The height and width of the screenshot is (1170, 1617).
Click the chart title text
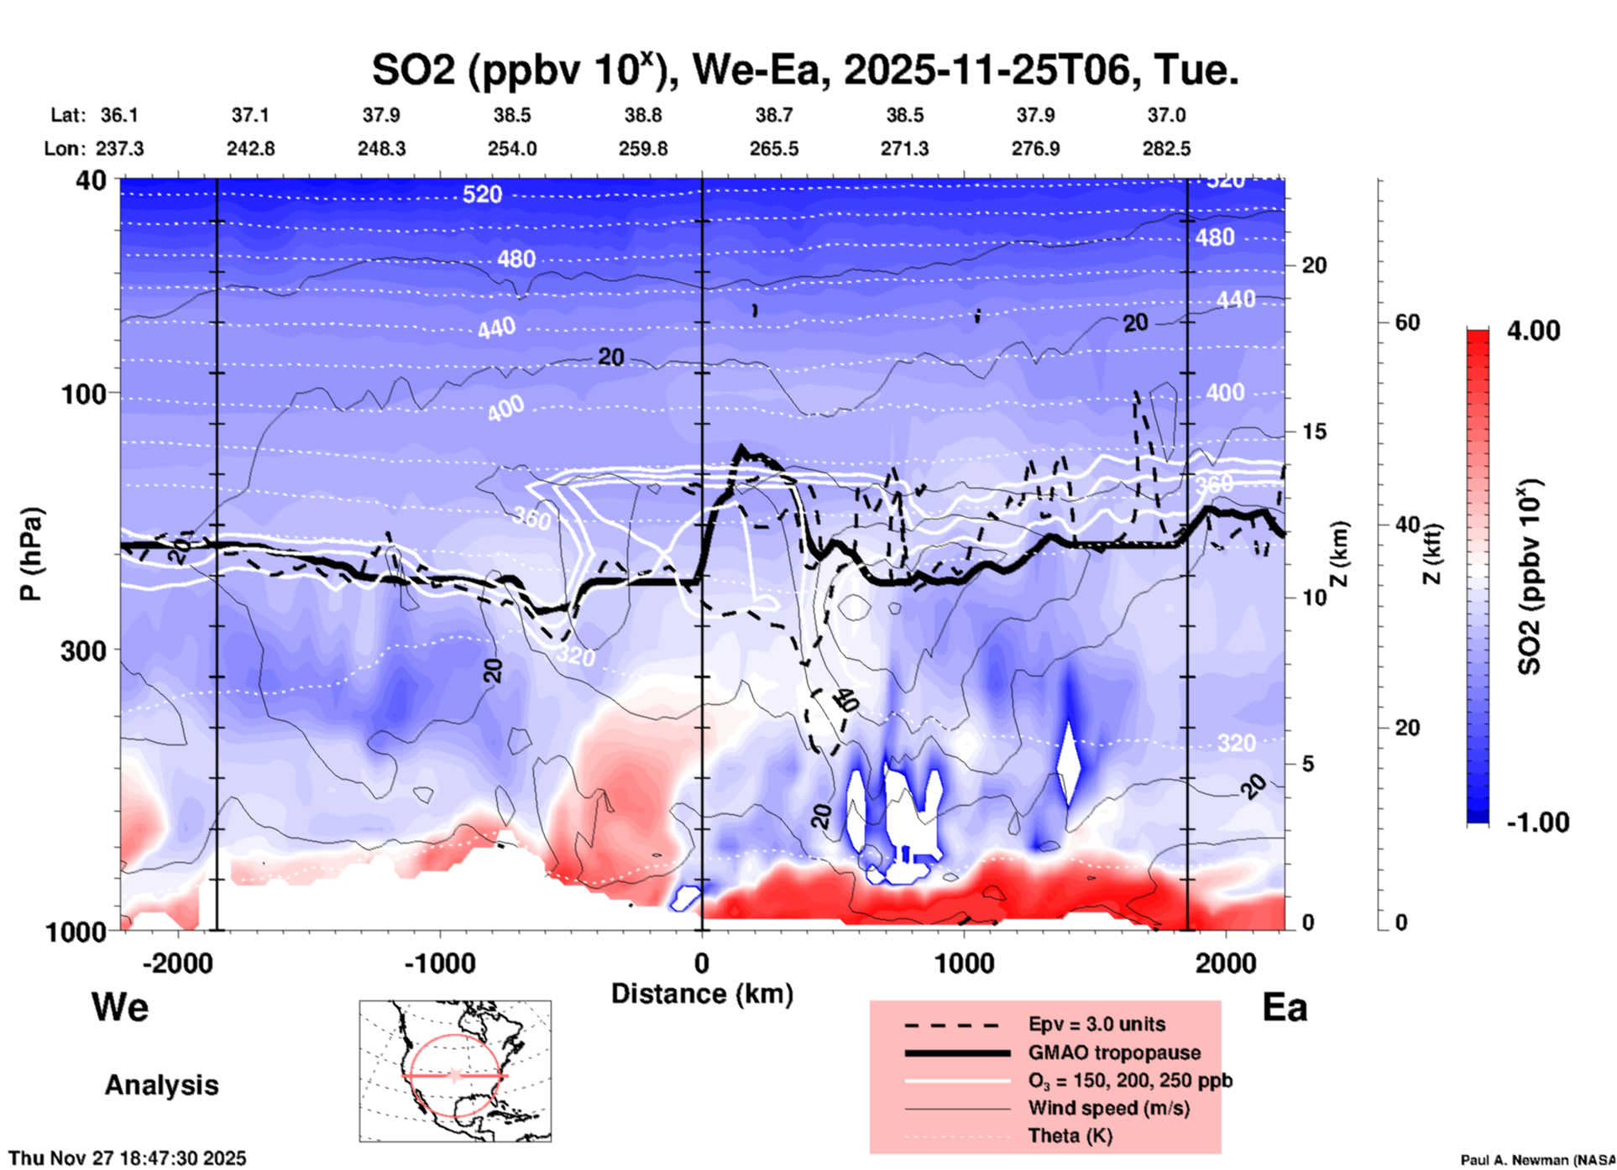[x=804, y=70]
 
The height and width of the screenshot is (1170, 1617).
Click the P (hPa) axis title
[x=31, y=554]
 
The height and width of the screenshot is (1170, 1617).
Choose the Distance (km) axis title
[x=702, y=994]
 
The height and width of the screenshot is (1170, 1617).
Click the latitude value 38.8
[x=642, y=115]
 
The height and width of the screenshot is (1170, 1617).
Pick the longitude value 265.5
[x=773, y=149]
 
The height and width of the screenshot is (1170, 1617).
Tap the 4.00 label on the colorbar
[x=1533, y=331]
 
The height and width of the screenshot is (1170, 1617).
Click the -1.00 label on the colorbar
[x=1537, y=823]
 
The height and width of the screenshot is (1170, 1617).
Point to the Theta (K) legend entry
[x=1070, y=1136]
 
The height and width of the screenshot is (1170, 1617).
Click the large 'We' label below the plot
[x=120, y=1006]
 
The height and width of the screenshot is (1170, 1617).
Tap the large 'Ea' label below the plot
[x=1285, y=1007]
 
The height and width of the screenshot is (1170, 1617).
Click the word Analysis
[x=161, y=1085]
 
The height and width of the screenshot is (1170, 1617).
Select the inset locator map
[x=455, y=1070]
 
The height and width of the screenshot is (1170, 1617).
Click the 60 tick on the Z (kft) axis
[x=1407, y=322]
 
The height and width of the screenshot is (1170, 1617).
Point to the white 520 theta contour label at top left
[x=482, y=195]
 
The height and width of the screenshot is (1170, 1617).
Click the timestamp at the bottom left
[x=128, y=1158]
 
